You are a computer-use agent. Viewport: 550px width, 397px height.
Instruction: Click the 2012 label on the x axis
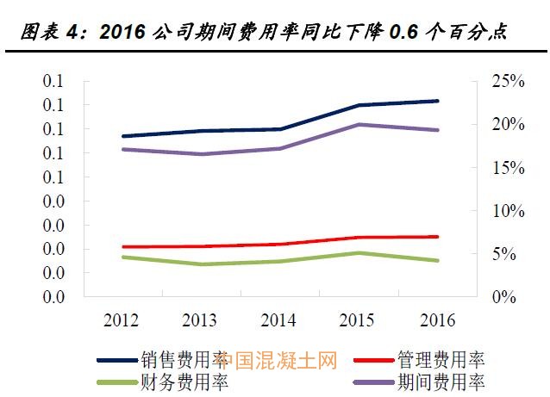[122, 320]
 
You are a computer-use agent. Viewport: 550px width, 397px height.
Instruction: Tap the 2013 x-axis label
[200, 320]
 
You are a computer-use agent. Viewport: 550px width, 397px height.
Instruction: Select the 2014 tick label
[278, 320]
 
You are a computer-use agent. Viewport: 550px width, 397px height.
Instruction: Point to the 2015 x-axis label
[357, 320]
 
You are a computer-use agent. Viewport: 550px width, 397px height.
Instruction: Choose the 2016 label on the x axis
[436, 320]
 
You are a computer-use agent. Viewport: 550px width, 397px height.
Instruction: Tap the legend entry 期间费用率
[440, 381]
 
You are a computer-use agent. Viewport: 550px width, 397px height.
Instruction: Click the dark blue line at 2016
[436, 101]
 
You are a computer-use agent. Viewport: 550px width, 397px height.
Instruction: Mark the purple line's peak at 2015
[357, 124]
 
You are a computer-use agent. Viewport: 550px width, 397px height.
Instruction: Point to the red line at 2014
[278, 244]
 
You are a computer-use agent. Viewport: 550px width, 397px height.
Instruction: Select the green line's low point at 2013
[200, 264]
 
